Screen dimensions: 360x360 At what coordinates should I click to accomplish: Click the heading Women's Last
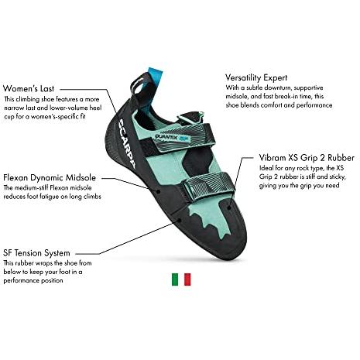tap(29, 88)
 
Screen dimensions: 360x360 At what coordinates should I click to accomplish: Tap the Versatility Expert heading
tap(256, 77)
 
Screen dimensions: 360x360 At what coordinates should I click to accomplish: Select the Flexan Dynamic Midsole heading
tap(50, 177)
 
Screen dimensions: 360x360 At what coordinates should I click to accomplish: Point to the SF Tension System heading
tap(36, 253)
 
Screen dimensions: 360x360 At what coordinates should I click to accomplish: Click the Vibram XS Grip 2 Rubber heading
tap(307, 157)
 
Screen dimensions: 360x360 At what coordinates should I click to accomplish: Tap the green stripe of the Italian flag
tap(175, 279)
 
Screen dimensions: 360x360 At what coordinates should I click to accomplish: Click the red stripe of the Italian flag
tap(187, 279)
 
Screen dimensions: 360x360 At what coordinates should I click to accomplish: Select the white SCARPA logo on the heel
tap(126, 144)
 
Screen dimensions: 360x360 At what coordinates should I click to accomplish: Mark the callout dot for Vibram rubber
tap(229, 207)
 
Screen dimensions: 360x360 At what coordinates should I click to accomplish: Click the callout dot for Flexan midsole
tap(159, 191)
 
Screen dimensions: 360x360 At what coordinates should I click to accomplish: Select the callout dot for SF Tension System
tap(180, 220)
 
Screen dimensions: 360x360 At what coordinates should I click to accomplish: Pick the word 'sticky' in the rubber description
tap(337, 177)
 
